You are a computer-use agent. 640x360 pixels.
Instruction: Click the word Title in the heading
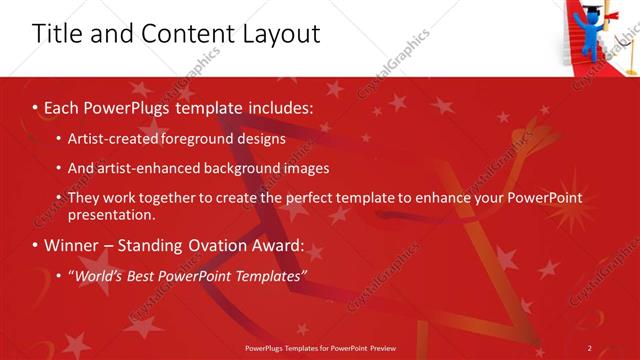(x=56, y=33)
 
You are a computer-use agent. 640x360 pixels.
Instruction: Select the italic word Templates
(x=268, y=275)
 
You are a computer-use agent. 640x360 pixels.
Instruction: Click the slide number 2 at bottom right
(x=590, y=348)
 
